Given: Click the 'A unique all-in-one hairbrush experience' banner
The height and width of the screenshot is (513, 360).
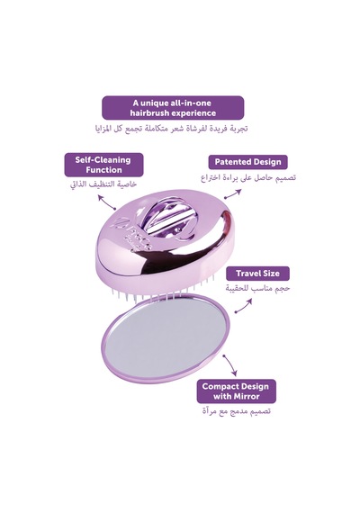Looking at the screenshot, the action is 173,108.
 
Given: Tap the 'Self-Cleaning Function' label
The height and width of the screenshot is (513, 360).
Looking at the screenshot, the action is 103,165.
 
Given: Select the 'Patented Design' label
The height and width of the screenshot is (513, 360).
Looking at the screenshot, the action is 247,162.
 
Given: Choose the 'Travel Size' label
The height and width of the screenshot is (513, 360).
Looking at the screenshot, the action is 257,274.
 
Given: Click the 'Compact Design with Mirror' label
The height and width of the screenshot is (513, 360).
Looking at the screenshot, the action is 236,391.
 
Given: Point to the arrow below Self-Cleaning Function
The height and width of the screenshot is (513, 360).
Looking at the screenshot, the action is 107,202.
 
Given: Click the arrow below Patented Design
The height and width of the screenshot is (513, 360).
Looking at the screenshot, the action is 233,194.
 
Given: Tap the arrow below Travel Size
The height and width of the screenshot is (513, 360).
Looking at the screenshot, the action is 244,306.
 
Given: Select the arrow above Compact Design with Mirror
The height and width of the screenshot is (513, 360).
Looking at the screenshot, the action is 229,364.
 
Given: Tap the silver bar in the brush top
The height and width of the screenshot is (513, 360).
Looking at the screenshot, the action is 166,222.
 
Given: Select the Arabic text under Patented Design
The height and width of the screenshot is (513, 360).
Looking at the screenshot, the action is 248,177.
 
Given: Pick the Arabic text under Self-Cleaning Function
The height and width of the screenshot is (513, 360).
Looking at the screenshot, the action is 103,184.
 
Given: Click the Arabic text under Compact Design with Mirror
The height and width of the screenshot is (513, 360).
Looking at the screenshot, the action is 237,411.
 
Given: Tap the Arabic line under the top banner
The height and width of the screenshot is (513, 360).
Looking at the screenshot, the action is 172,128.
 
